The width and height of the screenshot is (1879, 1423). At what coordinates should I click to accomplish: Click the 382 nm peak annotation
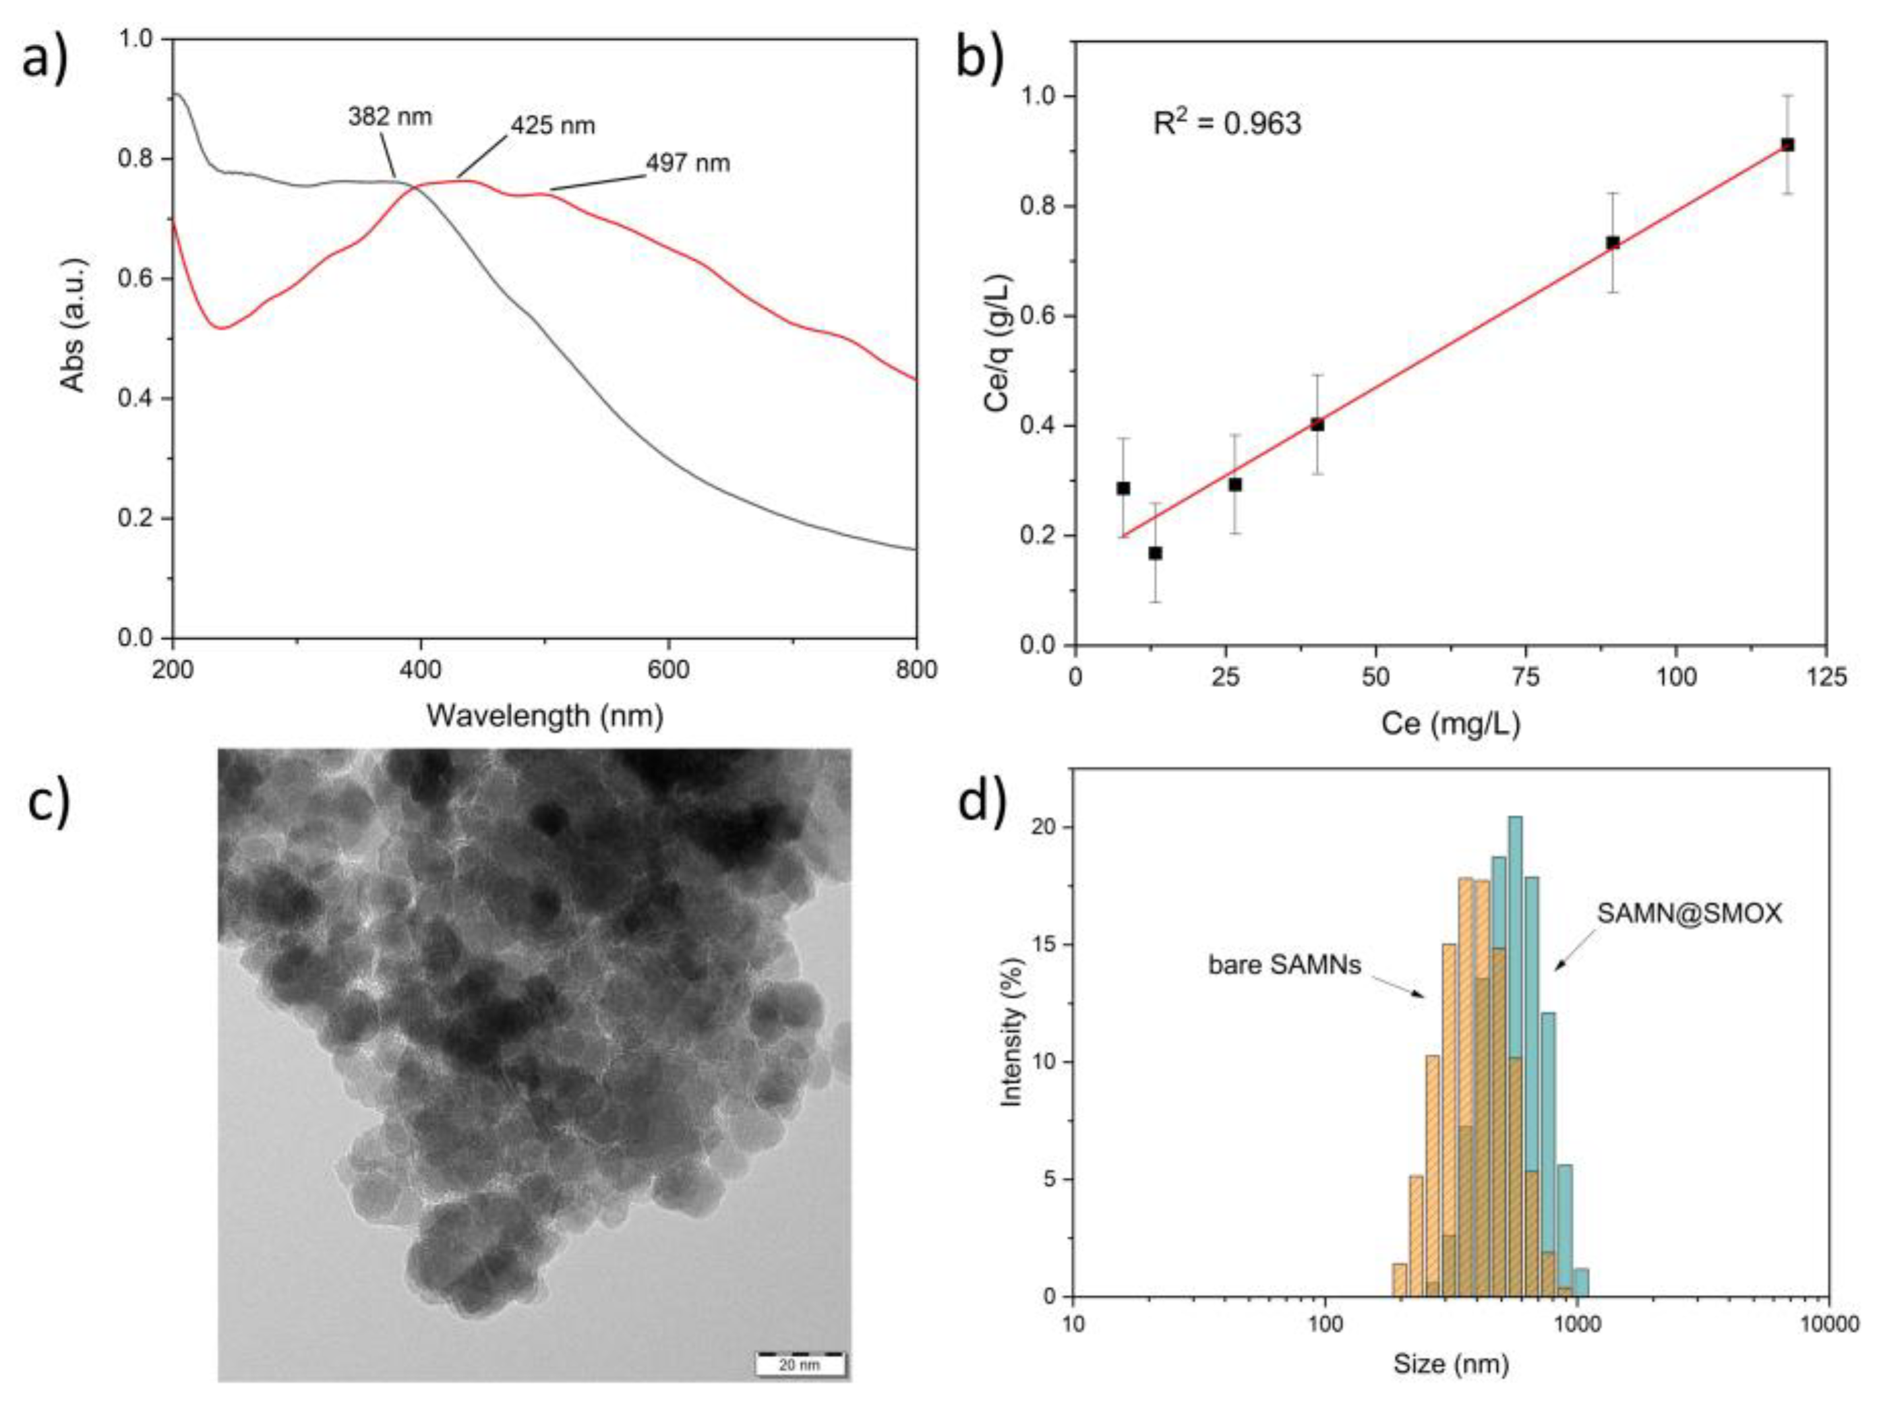[390, 117]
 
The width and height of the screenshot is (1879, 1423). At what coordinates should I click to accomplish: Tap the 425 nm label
[552, 126]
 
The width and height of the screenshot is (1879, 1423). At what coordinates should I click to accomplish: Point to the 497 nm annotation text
[688, 162]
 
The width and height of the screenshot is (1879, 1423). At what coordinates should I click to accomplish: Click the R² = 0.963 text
[1226, 124]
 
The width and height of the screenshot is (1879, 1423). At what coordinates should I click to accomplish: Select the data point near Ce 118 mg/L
[1787, 146]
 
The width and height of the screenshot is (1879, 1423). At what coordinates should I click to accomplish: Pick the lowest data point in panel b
[1156, 553]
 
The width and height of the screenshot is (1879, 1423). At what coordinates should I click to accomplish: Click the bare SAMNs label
[1284, 965]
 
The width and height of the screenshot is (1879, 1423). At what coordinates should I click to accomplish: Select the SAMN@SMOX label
[1689, 913]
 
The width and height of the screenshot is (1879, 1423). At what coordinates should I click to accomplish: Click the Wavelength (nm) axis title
[545, 715]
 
